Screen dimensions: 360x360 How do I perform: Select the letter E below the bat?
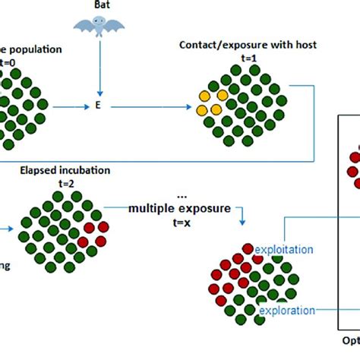pyautogui.click(x=97, y=107)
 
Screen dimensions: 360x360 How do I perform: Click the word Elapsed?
pyautogui.click(x=43, y=170)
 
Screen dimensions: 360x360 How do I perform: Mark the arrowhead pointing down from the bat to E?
pyautogui.click(x=97, y=94)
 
